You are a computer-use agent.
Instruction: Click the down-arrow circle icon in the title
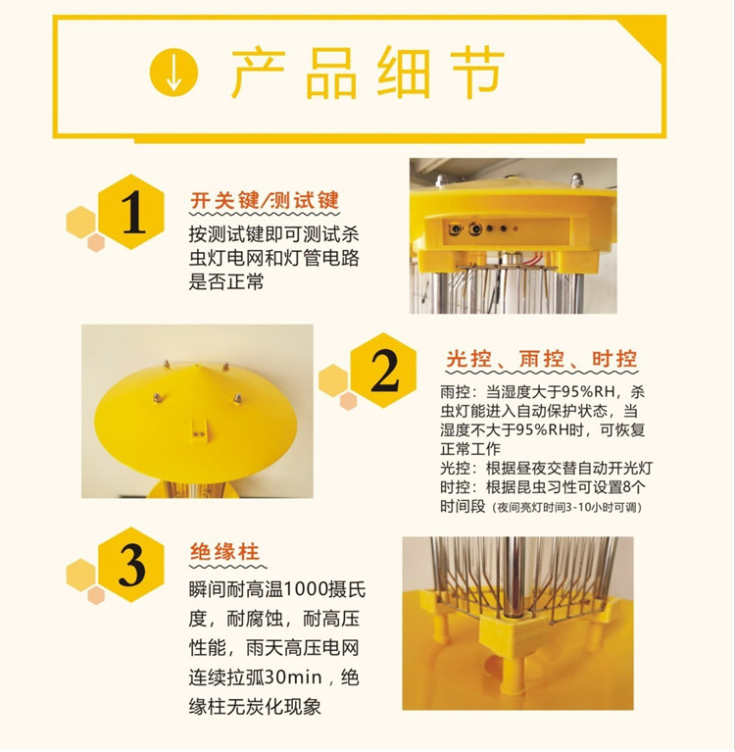coord(173,72)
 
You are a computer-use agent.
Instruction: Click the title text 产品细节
coord(367,73)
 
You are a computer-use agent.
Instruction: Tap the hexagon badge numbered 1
coord(131,212)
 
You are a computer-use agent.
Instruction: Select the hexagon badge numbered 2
coord(383,371)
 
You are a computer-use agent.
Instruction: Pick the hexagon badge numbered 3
coord(131,565)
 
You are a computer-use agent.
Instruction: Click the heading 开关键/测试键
coord(265,200)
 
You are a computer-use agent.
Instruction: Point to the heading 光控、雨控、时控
coord(542,359)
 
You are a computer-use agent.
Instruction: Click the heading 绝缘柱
coord(224,552)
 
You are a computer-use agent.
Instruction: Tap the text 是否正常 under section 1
coord(226,281)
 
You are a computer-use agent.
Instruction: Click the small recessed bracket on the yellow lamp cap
coord(199,430)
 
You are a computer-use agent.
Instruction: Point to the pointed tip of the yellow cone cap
coord(196,366)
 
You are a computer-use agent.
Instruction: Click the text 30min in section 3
coord(292,677)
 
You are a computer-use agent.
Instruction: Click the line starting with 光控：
coord(547,468)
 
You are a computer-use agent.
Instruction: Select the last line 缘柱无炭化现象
coord(255,707)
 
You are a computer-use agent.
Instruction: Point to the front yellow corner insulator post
coord(512,652)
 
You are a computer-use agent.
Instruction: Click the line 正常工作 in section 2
coord(470,449)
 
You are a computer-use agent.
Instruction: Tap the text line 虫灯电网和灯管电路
coord(273,258)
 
